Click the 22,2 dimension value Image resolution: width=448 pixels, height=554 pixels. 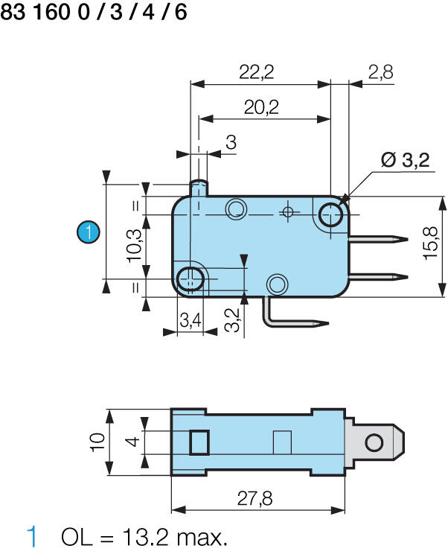[x=257, y=71]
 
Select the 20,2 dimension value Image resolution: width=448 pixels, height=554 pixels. [x=261, y=107]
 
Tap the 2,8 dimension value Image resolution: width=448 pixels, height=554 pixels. [x=380, y=71]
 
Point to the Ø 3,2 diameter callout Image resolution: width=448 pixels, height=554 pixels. [x=405, y=160]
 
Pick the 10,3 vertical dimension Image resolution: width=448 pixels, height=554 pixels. [x=134, y=243]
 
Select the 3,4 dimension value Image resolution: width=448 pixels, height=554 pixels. [x=191, y=321]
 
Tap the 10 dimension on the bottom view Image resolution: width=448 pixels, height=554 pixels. [x=97, y=442]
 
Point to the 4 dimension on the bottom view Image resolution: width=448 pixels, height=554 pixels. [x=132, y=442]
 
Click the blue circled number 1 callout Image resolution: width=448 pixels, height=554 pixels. [x=89, y=232]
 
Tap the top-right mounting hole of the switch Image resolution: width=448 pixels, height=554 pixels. [x=330, y=215]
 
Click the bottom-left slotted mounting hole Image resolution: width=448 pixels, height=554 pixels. [x=191, y=278]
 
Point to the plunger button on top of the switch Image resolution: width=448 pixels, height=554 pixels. [x=199, y=186]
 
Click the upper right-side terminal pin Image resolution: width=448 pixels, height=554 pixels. [x=378, y=240]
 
